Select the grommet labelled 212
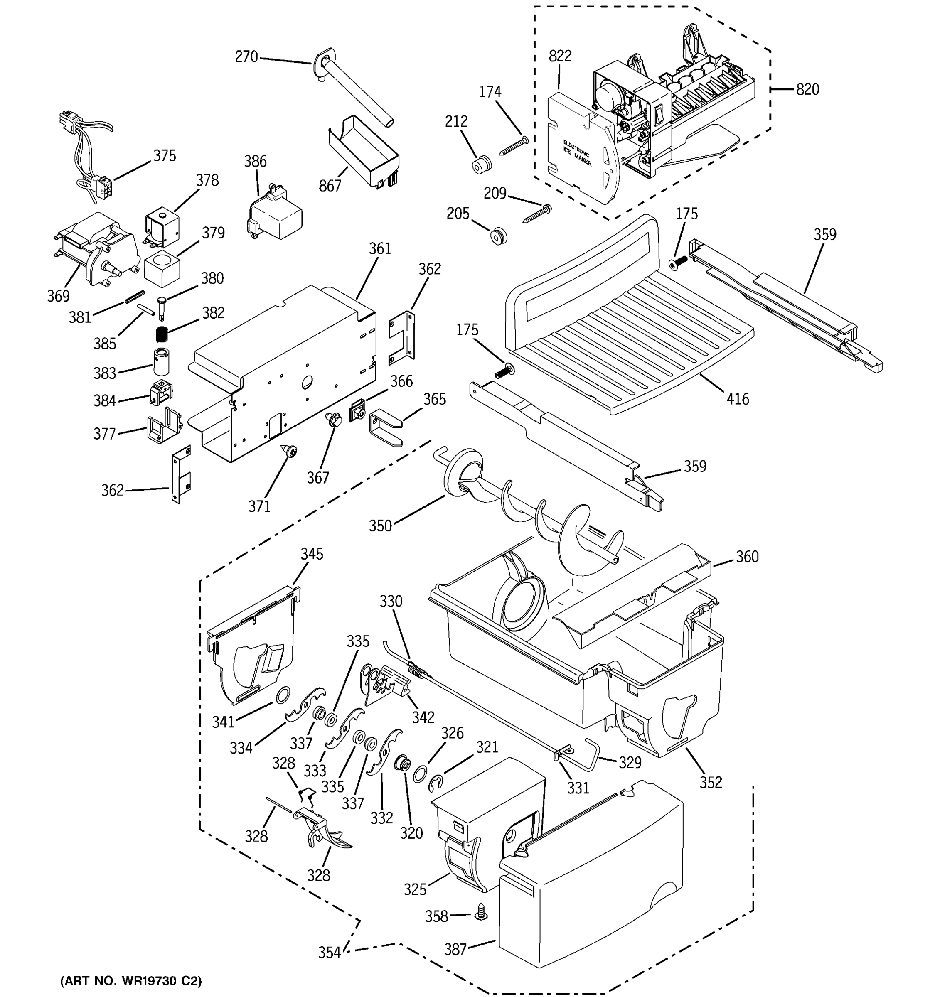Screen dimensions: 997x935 pos(482,165)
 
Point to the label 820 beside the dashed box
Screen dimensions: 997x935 pos(807,90)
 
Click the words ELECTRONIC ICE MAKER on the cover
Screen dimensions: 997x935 pos(577,153)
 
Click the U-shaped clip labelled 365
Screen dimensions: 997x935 pos(385,427)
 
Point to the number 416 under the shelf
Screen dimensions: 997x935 pos(737,399)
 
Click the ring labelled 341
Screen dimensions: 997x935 pos(283,695)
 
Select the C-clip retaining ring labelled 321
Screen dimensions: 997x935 pos(437,784)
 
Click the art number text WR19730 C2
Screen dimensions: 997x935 pos(131,981)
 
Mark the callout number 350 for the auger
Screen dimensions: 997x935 pos(380,526)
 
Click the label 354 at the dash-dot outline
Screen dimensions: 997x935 pos(329,953)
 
